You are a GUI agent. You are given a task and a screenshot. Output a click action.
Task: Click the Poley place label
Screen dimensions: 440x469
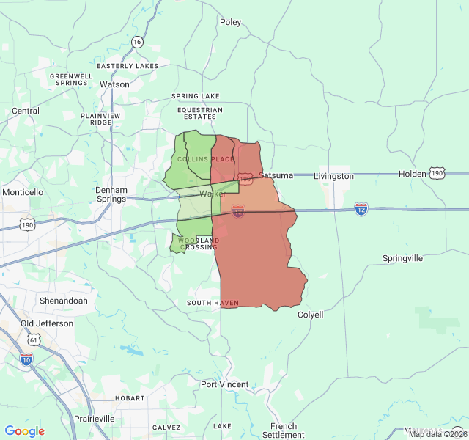point(230,22)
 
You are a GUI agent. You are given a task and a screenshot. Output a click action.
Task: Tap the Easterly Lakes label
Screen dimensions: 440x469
point(128,66)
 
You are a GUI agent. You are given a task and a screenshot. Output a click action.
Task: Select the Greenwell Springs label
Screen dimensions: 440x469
point(70,79)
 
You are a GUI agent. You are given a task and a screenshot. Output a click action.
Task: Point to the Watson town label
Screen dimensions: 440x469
point(114,84)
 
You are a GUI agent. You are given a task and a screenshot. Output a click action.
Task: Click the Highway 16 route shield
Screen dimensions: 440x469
point(137,42)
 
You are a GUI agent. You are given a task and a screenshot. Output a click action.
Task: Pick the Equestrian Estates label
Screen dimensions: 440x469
point(199,113)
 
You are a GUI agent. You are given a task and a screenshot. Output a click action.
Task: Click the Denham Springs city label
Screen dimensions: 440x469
point(111,194)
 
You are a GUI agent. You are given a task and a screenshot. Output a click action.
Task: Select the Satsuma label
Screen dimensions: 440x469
point(276,175)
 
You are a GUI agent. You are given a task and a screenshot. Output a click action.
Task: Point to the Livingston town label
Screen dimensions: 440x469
point(333,176)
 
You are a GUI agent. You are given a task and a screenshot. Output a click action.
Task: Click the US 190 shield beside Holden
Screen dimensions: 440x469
point(437,173)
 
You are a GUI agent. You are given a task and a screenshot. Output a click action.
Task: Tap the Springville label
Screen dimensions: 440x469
point(402,258)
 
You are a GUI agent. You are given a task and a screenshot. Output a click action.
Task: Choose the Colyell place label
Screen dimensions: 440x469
point(310,315)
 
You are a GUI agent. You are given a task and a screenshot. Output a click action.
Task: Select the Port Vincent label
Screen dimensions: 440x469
point(225,384)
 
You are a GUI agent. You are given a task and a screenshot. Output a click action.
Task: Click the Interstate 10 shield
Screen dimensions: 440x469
point(26,359)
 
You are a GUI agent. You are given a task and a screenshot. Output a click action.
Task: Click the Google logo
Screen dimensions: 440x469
point(25,431)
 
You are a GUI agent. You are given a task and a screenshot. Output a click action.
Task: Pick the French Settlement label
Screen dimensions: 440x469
point(284,430)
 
